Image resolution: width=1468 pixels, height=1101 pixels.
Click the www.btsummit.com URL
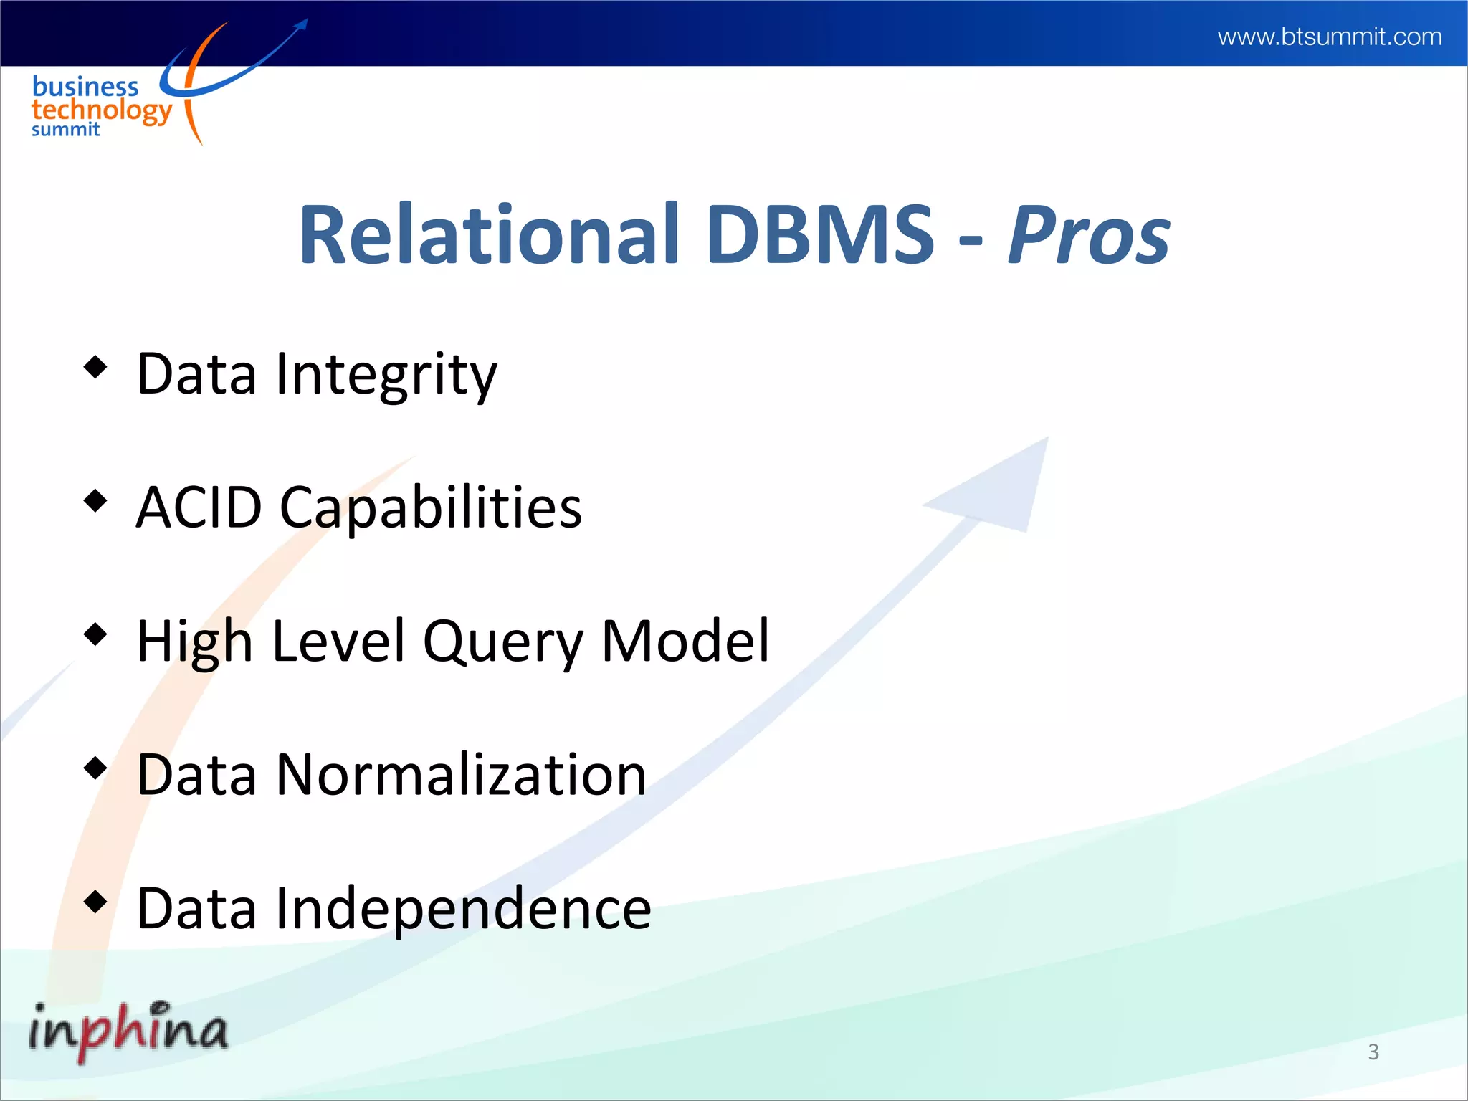point(1329,37)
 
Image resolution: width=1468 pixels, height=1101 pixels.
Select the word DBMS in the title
point(820,234)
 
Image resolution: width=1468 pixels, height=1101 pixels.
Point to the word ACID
point(199,507)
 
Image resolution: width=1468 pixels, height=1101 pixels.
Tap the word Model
point(685,641)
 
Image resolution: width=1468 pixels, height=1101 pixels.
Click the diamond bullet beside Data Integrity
point(95,367)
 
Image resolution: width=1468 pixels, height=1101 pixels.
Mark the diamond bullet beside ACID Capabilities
point(95,500)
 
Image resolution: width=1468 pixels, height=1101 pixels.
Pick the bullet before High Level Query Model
point(95,634)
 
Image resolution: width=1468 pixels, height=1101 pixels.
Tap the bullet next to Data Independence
point(95,901)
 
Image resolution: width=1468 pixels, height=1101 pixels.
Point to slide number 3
point(1373,1052)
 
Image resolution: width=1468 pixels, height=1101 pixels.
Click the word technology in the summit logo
point(101,110)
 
